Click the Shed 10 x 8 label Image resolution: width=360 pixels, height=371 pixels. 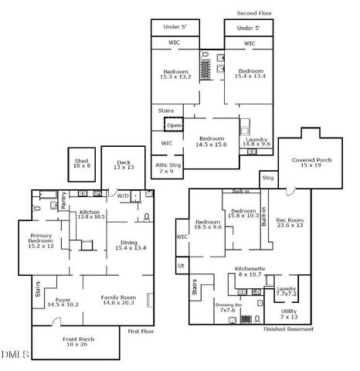(82, 164)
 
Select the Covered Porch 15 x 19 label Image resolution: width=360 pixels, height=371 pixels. (312, 162)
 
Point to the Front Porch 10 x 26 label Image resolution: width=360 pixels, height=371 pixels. (74, 340)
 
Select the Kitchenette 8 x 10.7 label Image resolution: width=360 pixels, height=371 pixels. (250, 271)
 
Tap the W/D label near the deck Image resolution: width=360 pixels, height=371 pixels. (122, 195)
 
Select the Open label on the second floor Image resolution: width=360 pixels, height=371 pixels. (174, 125)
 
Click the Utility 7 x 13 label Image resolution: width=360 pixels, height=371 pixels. (289, 315)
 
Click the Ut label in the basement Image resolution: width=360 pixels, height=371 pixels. (181, 265)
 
